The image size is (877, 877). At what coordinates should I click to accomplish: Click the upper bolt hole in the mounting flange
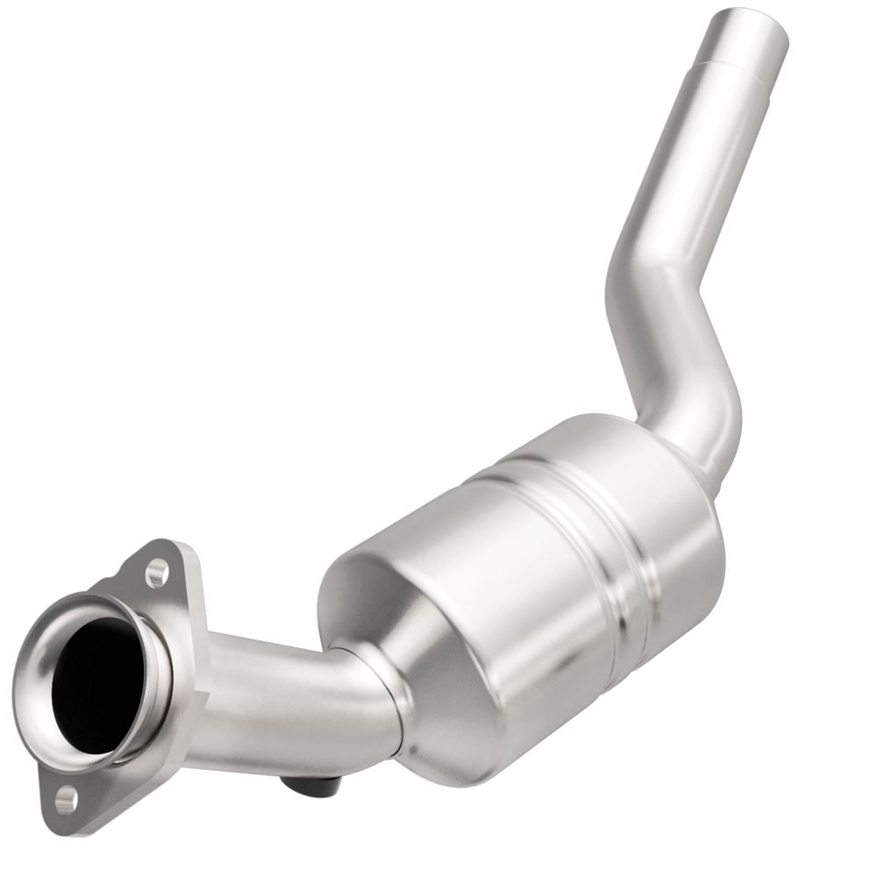(157, 574)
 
